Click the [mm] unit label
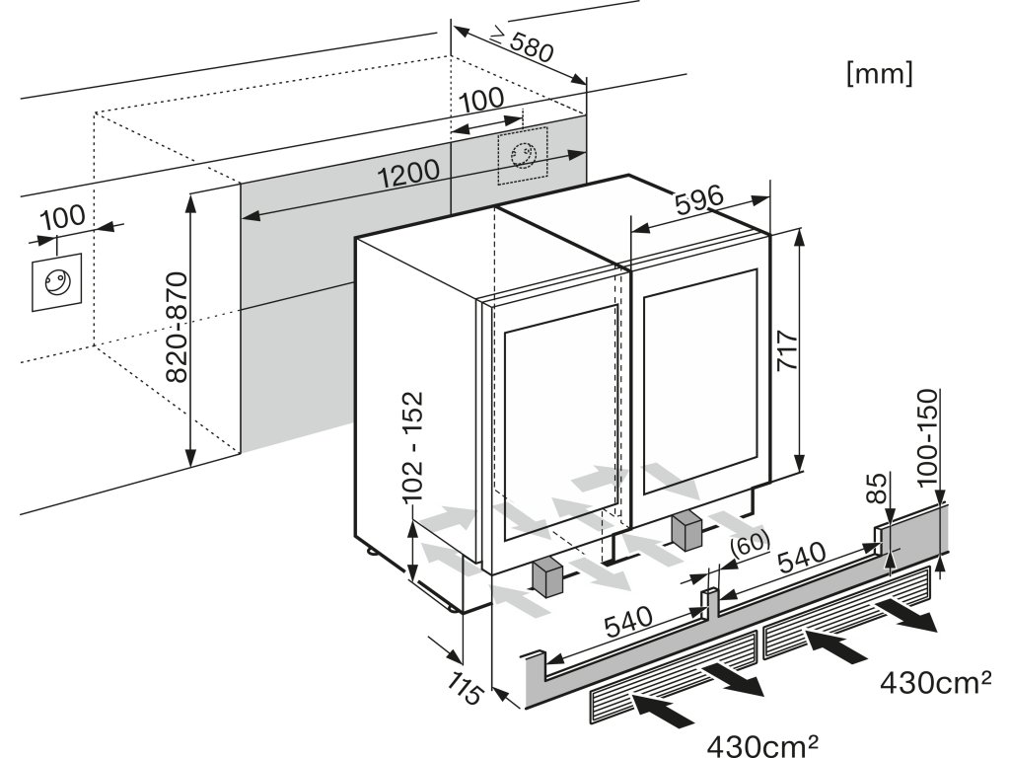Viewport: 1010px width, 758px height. [879, 74]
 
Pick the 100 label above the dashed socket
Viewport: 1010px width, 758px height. [481, 99]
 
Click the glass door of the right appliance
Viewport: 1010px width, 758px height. [699, 394]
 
